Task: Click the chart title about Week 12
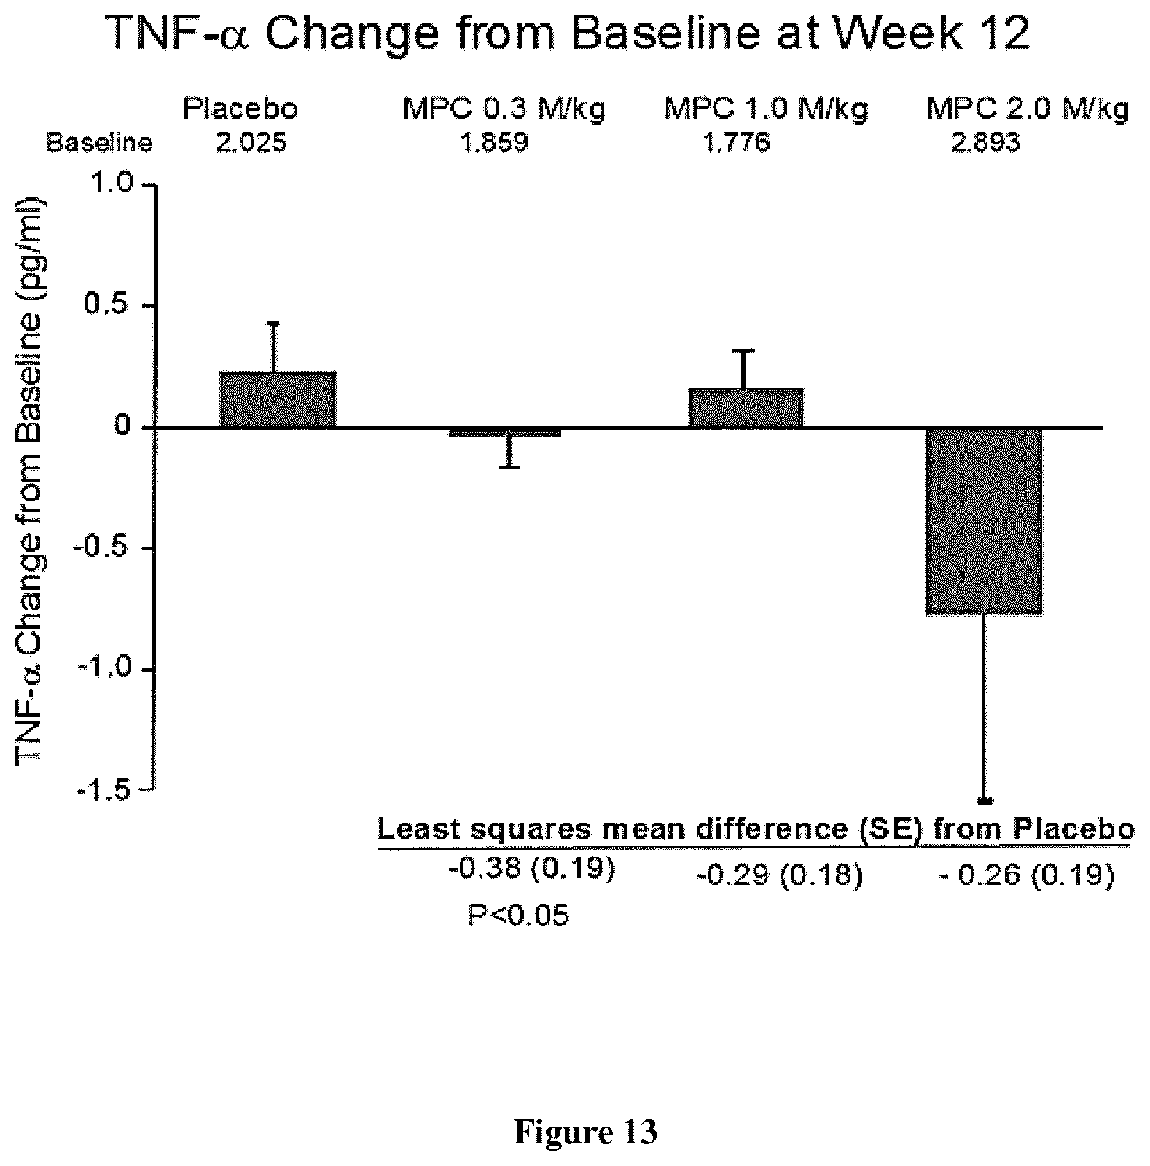point(568,34)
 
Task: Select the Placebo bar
point(277,400)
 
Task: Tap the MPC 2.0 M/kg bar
point(985,521)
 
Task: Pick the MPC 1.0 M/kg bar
point(746,408)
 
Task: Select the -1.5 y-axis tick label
point(107,791)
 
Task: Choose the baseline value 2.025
point(251,143)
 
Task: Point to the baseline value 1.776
point(735,143)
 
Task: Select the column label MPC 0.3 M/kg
point(504,109)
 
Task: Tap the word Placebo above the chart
point(240,109)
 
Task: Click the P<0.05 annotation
point(518,915)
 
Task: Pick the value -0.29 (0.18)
point(780,876)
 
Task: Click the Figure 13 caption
point(586,1132)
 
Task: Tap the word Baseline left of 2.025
point(100,143)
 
